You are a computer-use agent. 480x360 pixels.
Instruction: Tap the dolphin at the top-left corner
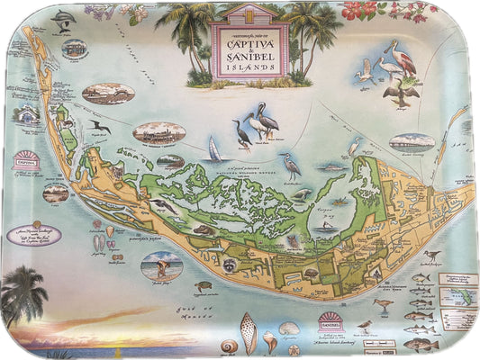click(x=61, y=21)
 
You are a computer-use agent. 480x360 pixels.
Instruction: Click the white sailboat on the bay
click(x=215, y=148)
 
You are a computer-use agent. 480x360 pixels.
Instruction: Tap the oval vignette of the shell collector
click(x=161, y=265)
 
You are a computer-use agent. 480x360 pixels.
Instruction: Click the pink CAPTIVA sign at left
click(x=25, y=162)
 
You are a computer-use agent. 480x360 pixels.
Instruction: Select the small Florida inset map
click(x=457, y=292)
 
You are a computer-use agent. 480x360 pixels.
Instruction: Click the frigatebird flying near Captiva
click(x=101, y=127)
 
